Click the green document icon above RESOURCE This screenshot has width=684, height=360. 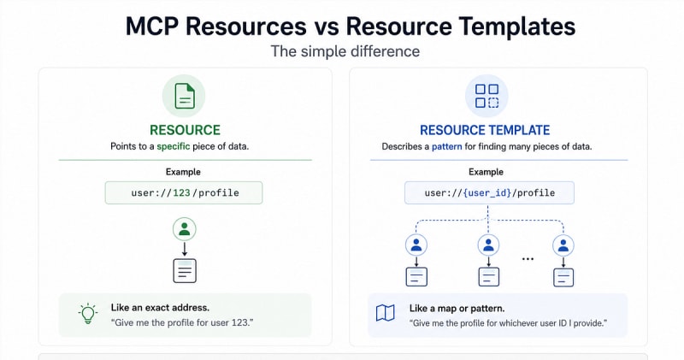(x=184, y=96)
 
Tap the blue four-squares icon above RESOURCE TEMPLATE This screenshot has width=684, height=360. (x=486, y=96)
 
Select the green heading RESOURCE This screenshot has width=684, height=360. (x=185, y=130)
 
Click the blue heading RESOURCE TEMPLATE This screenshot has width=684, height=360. (x=485, y=130)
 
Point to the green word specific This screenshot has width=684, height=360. (x=174, y=146)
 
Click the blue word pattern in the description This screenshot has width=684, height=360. (x=446, y=146)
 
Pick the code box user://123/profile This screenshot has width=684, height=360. (x=184, y=193)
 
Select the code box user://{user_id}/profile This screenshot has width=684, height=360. (x=489, y=193)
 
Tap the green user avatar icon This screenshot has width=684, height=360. (x=184, y=229)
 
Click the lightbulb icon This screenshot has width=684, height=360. (x=88, y=314)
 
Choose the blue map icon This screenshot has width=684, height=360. (x=386, y=313)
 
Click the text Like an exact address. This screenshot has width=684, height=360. (x=160, y=308)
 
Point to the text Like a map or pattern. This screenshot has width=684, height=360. (x=457, y=309)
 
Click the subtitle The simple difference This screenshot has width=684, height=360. (x=345, y=51)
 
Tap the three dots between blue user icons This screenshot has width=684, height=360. (x=528, y=259)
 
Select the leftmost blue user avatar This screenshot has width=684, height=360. (x=416, y=245)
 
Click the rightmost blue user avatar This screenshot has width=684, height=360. (x=563, y=245)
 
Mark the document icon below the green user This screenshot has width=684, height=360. (x=185, y=270)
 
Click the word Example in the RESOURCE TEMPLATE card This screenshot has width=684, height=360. (x=486, y=172)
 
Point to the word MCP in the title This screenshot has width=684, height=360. (x=152, y=27)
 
